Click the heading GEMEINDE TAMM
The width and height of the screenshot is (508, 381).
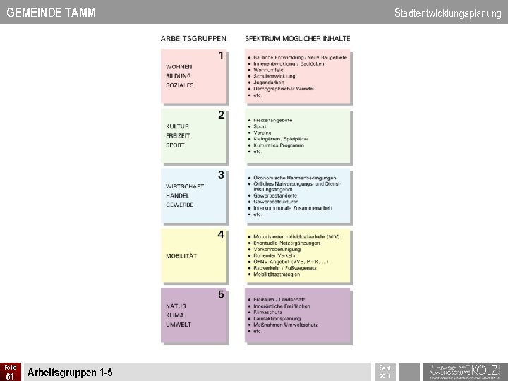tap(51, 13)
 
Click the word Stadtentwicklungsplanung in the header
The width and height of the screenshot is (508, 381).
tap(447, 13)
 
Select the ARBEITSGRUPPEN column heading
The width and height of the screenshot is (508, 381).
tap(193, 38)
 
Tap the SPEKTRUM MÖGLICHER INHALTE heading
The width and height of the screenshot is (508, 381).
tap(297, 38)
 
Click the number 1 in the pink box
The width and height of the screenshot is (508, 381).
tap(221, 55)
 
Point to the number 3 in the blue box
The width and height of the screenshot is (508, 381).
tap(221, 174)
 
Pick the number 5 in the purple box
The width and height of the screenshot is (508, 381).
tap(221, 294)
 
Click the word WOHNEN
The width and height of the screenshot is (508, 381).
tap(179, 66)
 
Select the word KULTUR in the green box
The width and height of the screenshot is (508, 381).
tap(177, 127)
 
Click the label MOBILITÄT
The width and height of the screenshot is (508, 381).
tap(182, 254)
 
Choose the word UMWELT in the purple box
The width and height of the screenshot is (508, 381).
tap(178, 325)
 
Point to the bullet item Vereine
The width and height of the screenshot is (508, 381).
tap(263, 133)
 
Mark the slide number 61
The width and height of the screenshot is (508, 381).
tap(10, 376)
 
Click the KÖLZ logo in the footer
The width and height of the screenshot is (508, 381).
tap(463, 370)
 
